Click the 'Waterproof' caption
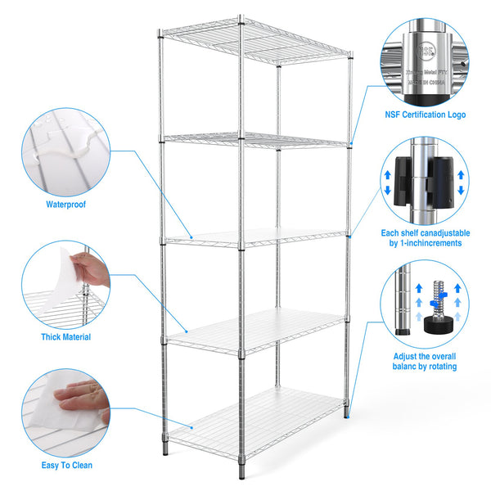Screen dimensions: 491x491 65,205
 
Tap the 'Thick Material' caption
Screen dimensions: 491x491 65,336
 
